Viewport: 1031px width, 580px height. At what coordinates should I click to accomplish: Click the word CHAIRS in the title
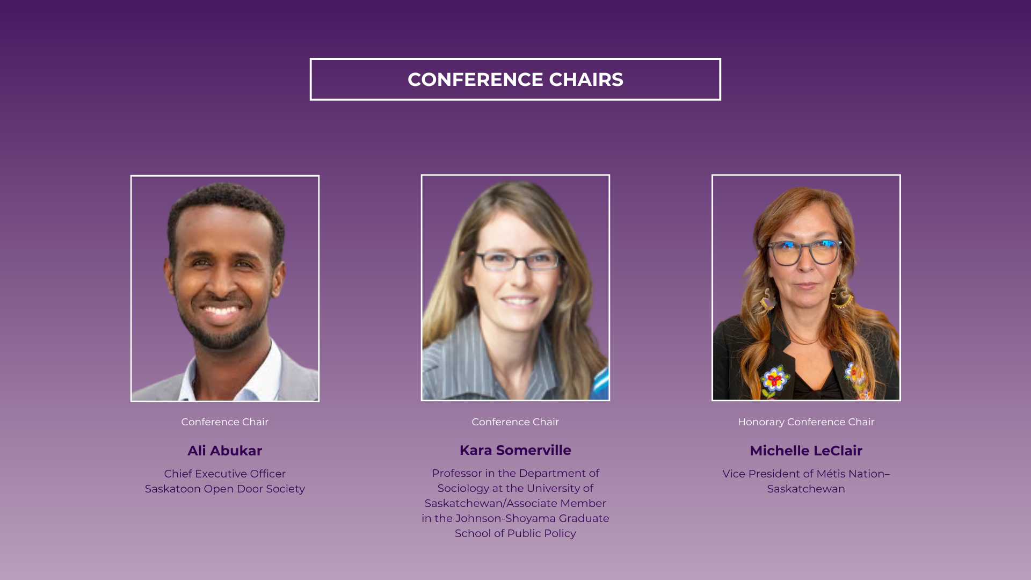pos(586,79)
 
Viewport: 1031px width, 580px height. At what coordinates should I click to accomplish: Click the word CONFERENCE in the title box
pos(475,79)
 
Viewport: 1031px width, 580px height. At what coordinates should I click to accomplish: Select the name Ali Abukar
pos(224,451)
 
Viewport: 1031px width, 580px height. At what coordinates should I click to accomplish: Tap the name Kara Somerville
pos(515,450)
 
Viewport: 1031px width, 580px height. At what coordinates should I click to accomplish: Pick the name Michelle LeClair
pos(806,451)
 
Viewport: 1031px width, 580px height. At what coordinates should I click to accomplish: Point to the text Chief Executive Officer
pos(224,474)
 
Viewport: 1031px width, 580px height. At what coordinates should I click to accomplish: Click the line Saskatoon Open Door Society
pos(224,489)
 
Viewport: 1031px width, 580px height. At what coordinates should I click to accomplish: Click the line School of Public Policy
pos(515,534)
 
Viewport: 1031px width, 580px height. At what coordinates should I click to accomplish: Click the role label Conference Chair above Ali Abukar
pos(224,422)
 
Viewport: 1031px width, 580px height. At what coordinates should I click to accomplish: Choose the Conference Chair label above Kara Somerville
pos(515,422)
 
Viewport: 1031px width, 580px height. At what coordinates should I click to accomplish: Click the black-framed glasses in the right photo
pos(805,252)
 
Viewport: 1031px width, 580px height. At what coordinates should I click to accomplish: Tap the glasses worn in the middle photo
pos(518,260)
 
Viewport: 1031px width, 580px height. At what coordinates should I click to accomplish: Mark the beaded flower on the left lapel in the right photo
pos(774,380)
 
